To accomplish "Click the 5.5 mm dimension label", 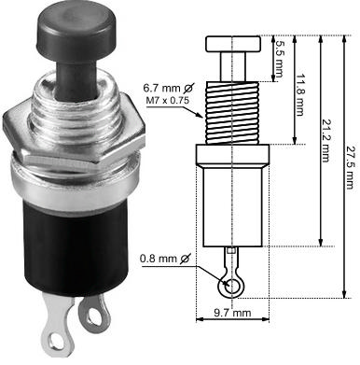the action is pyautogui.click(x=278, y=59).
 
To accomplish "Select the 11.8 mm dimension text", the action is pyautogui.click(x=299, y=94).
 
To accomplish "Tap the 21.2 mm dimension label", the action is pyautogui.click(x=325, y=141).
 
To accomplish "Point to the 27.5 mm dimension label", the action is pyautogui.click(x=350, y=167).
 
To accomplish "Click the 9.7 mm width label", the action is pyautogui.click(x=232, y=313).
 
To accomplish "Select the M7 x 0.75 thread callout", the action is pyautogui.click(x=168, y=100).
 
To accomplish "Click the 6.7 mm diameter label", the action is pyautogui.click(x=168, y=88).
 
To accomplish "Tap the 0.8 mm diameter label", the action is pyautogui.click(x=165, y=259).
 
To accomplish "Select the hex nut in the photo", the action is pyautogui.click(x=74, y=133).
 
